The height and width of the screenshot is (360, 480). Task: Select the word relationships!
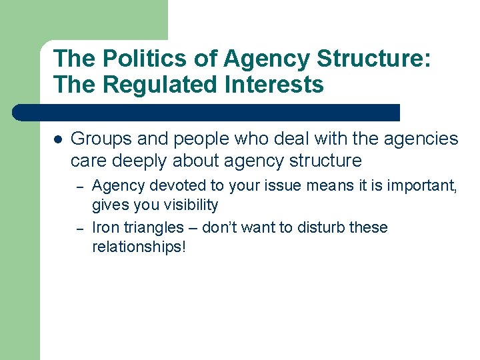[x=139, y=247]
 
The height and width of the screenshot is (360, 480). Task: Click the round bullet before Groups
[x=58, y=139]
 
